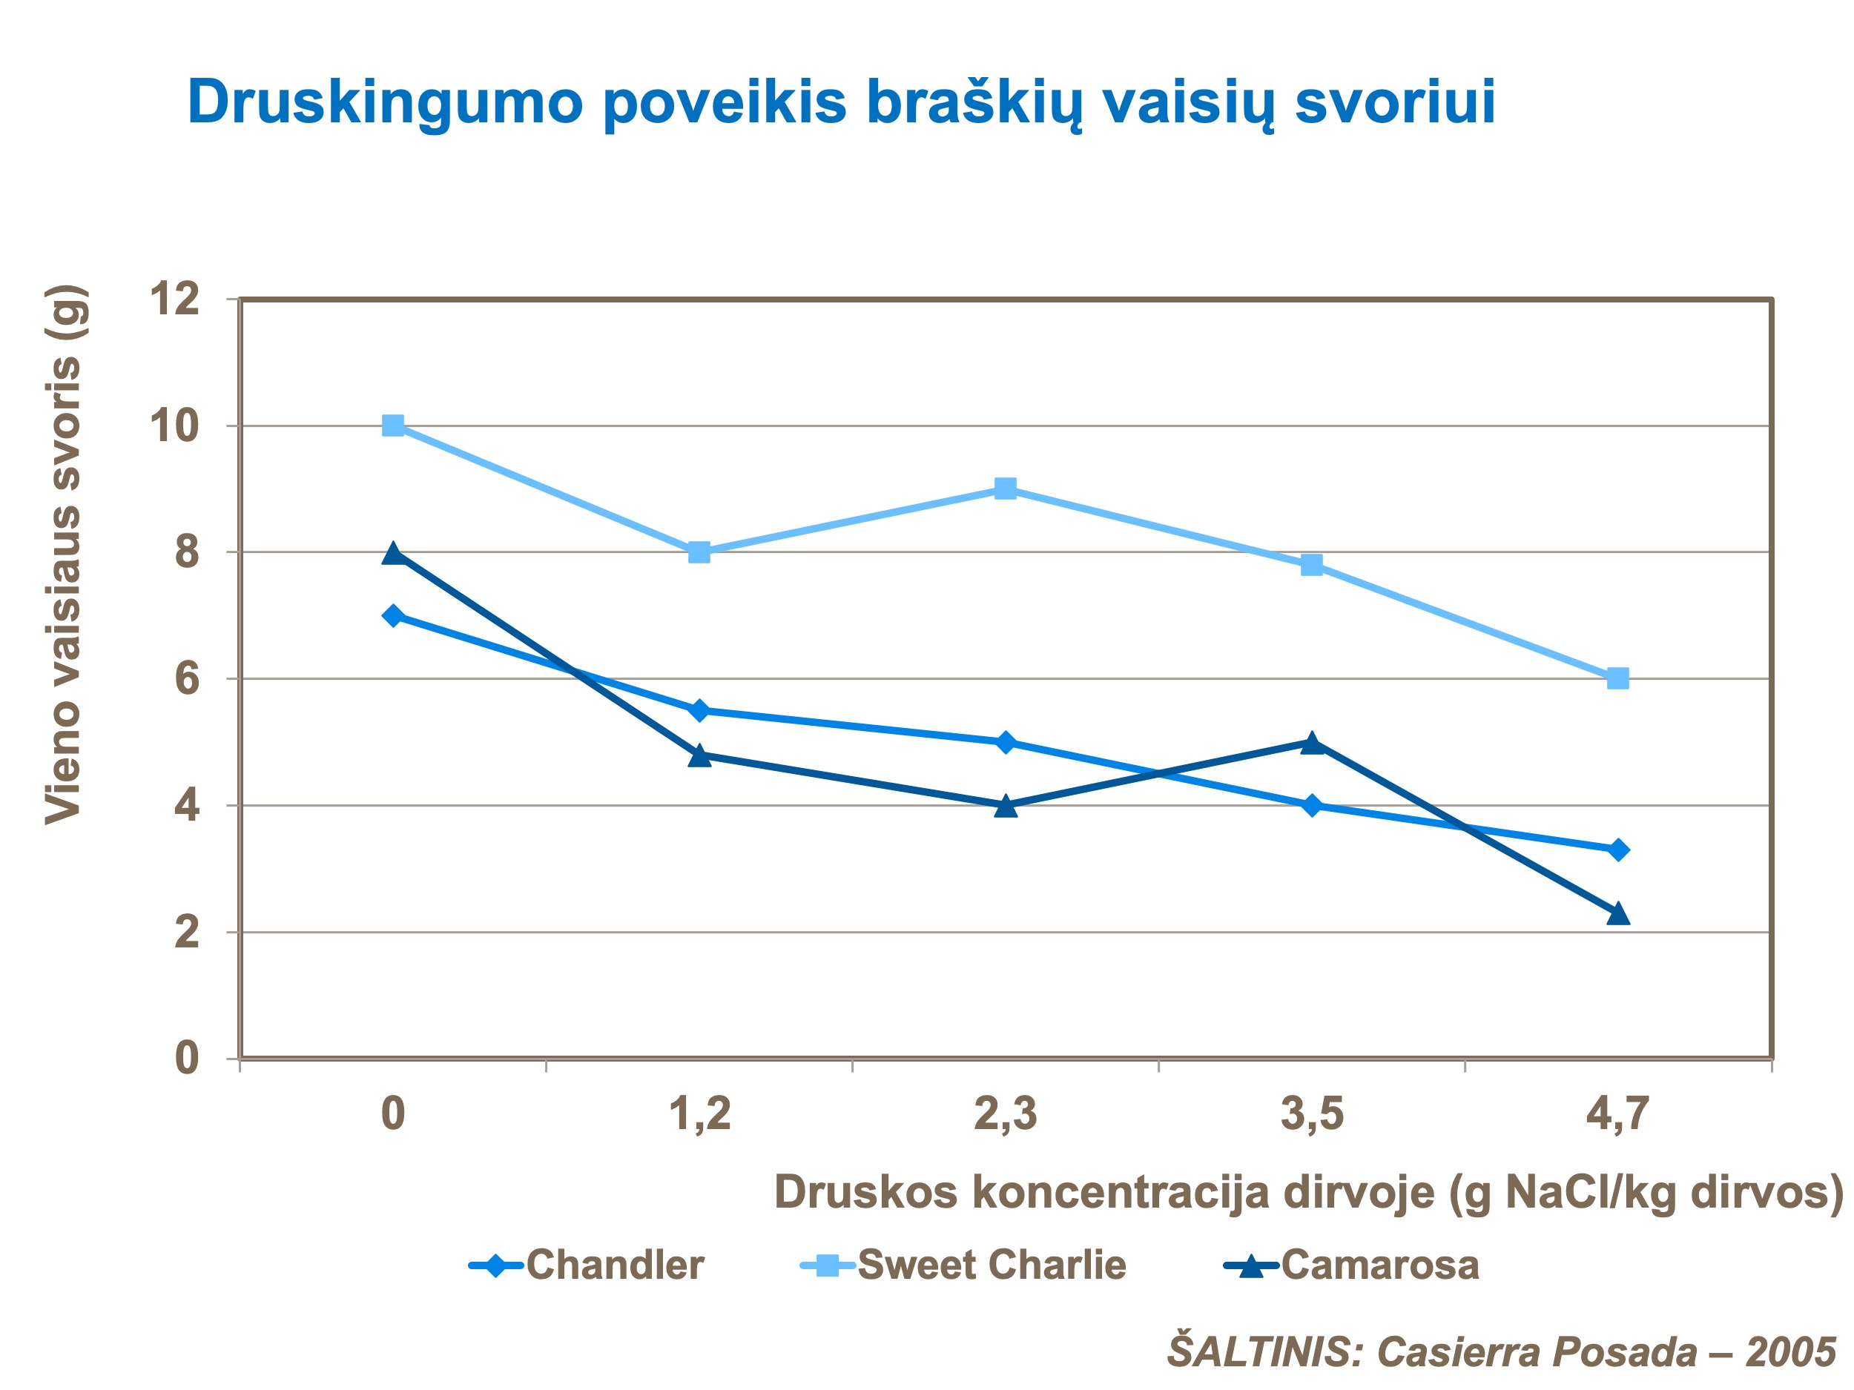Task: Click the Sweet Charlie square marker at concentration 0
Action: tap(392, 426)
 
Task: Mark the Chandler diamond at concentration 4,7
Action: tap(1618, 850)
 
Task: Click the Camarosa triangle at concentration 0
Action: tap(392, 554)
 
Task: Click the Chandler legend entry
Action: tap(587, 1265)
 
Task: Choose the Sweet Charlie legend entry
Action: tap(964, 1265)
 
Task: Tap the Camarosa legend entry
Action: tap(1352, 1265)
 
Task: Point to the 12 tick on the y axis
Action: tap(174, 299)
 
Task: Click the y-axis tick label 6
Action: tap(187, 678)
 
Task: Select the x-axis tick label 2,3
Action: tap(1005, 1115)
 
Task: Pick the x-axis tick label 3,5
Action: tap(1312, 1115)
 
